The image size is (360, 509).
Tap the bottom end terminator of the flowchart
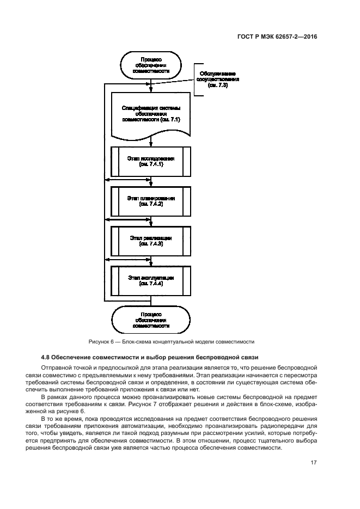tap(150, 320)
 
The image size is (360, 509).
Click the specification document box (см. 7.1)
tap(150, 114)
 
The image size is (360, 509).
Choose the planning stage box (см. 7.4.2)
tap(150, 201)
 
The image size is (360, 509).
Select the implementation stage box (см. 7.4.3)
tap(150, 241)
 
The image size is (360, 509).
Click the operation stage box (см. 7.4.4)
tap(150, 280)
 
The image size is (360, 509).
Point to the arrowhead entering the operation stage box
tap(150, 265)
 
